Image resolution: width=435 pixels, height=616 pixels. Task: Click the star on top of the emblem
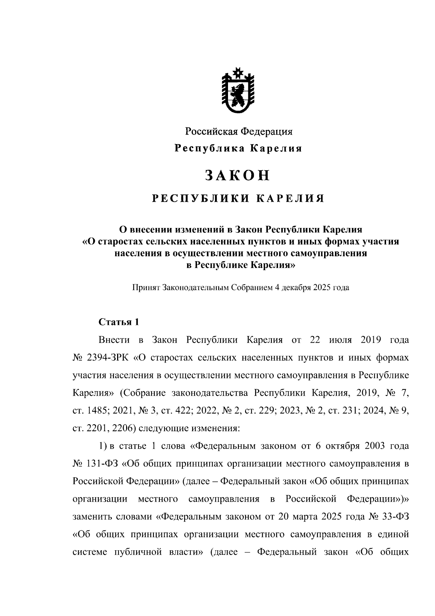pyautogui.click(x=238, y=72)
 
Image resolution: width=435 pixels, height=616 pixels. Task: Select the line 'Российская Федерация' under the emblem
pyautogui.click(x=239, y=132)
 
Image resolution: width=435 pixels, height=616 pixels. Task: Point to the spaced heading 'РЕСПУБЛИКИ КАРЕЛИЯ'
pyautogui.click(x=238, y=199)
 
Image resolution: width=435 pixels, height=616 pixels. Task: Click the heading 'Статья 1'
pyautogui.click(x=119, y=322)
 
